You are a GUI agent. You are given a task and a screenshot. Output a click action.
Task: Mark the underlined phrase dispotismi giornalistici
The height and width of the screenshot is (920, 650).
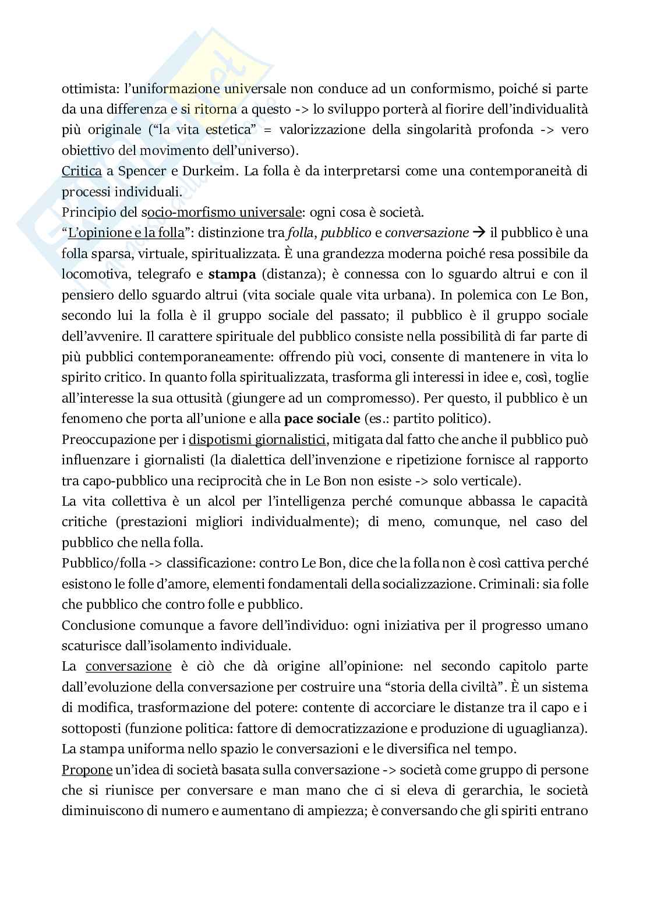tap(257, 439)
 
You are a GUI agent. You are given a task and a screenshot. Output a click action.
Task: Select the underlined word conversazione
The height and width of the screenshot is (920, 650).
tap(128, 667)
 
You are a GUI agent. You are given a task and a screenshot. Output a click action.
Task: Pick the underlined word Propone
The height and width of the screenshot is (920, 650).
tap(87, 770)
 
